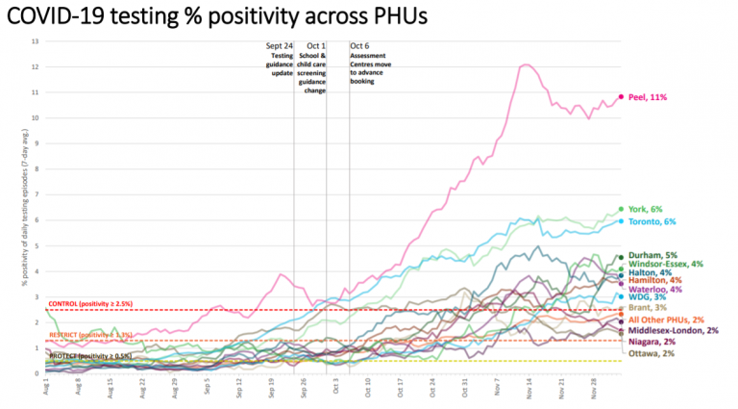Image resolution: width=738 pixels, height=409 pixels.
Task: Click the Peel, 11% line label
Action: [x=648, y=97]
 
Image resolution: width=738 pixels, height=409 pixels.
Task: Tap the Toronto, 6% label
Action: [x=651, y=221]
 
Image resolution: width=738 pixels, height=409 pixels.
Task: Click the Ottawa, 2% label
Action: [x=650, y=353]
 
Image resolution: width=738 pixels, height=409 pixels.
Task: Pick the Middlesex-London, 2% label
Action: [x=673, y=330]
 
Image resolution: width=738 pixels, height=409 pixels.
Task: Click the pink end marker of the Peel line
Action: [x=621, y=97]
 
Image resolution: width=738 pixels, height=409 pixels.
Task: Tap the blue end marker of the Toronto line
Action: [x=621, y=221]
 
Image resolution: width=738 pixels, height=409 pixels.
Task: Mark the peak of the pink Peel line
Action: [x=526, y=64]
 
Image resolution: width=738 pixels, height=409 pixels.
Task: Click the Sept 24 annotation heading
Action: [x=279, y=46]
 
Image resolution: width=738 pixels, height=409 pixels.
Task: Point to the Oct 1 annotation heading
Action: [x=315, y=46]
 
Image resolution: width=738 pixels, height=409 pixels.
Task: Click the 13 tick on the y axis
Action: [x=36, y=41]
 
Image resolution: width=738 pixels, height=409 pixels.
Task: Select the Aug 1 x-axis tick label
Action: [x=46, y=388]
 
